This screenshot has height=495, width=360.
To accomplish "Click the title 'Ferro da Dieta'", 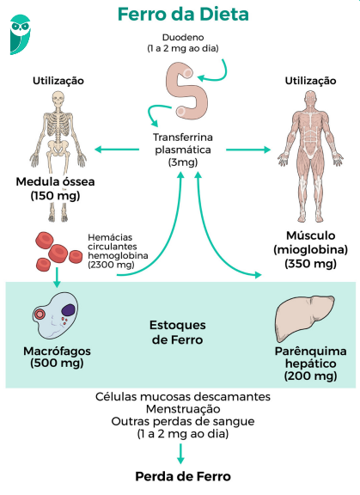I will tap(183, 15).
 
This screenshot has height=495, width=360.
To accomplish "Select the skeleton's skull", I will tap(58, 99).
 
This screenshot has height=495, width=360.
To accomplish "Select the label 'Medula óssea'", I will tap(55, 182).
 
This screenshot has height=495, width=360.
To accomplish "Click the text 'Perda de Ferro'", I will tap(183, 475).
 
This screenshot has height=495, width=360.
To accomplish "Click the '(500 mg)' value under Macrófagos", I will tap(55, 363).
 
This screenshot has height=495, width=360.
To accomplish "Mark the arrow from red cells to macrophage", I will tap(57, 275).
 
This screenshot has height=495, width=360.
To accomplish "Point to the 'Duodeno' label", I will tap(182, 40).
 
